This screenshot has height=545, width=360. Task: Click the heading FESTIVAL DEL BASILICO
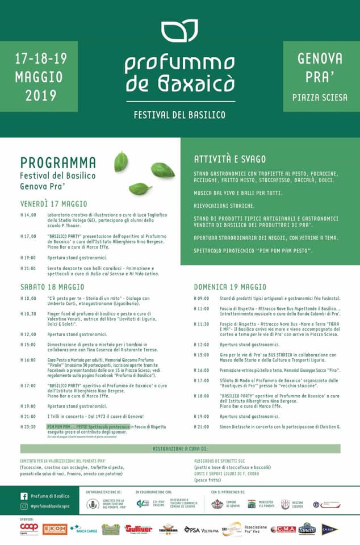(179, 115)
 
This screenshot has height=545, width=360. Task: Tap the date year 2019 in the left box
(41, 95)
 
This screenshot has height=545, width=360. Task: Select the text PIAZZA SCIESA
(320, 98)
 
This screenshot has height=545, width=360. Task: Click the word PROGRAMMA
(58, 163)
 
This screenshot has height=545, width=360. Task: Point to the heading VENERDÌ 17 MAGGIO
(54, 204)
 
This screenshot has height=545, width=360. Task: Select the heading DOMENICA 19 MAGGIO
(230, 287)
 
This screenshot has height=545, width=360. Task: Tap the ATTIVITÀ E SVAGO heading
(229, 159)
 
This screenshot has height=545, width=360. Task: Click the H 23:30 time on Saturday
(28, 426)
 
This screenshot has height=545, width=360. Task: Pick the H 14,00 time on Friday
(28, 215)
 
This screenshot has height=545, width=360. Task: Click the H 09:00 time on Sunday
(202, 298)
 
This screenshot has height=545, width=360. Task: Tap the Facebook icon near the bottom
(24, 496)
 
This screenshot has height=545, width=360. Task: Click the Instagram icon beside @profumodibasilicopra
(24, 506)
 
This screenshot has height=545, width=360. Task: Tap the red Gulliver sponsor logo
(139, 529)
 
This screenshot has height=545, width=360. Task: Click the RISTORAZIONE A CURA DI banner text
(179, 449)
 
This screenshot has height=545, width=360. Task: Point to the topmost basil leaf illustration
(121, 161)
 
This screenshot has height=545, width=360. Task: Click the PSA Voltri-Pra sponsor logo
(200, 530)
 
